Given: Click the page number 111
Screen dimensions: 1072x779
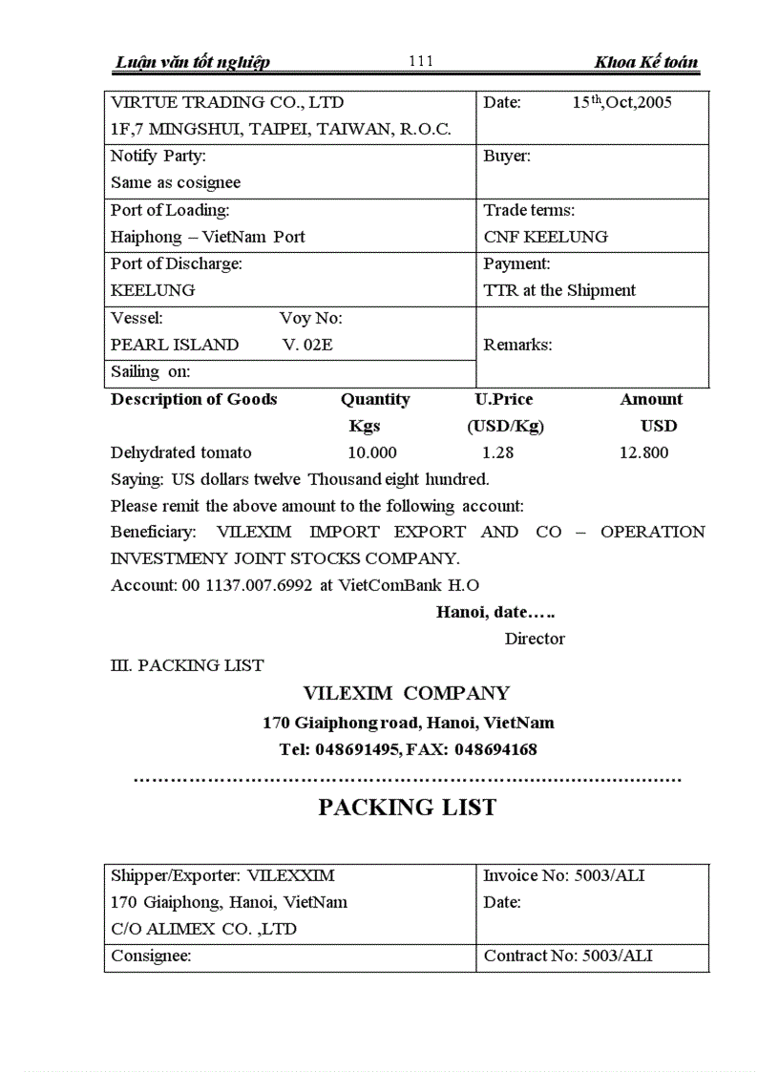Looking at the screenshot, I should [420, 62].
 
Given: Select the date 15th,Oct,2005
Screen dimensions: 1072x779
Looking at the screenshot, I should [621, 103].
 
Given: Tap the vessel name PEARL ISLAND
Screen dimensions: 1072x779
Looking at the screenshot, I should [175, 345].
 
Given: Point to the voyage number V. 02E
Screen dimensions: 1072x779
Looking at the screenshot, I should [307, 345].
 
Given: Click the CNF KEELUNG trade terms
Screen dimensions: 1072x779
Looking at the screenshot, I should [545, 237].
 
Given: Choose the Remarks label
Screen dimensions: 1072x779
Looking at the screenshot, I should [517, 345].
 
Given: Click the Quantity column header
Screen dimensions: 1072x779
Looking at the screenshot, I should [375, 399].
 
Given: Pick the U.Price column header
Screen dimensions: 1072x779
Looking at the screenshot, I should [504, 399].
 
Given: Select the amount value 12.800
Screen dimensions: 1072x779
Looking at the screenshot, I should [643, 452].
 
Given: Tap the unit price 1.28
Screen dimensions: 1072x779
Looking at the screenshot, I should [497, 452].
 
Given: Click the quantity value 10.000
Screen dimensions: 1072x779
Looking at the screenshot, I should [372, 452].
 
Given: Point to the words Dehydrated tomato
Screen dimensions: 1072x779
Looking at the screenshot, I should [181, 452].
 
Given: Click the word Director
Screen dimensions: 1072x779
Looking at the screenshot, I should [535, 639].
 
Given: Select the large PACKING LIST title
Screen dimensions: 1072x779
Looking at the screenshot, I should [407, 808].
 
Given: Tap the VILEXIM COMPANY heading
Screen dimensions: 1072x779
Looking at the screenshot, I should [407, 693].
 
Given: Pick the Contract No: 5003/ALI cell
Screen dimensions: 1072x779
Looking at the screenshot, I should [568, 956].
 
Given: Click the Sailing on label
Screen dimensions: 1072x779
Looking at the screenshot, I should [150, 372].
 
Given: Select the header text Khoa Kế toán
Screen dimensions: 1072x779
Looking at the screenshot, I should [645, 63].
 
